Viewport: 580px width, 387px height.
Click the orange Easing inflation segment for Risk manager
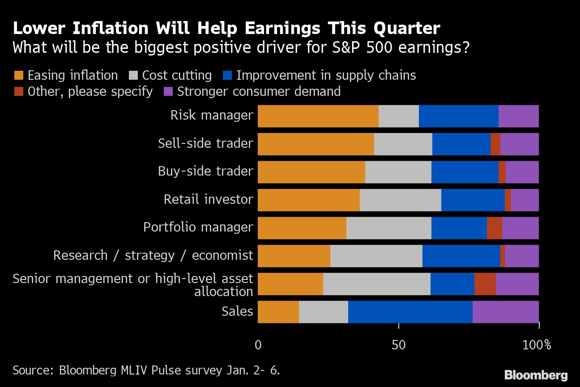[x=318, y=116]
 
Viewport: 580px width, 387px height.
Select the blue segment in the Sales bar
[x=410, y=312]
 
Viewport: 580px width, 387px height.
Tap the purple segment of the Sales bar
[x=505, y=312]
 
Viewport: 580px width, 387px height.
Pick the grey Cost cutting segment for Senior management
[x=376, y=284]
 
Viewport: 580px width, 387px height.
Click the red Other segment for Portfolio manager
[x=494, y=228]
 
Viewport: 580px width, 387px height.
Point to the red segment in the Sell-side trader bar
[x=495, y=144]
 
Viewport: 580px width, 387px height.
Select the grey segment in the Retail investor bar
[x=400, y=200]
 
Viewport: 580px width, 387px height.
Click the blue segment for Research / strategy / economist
[x=461, y=256]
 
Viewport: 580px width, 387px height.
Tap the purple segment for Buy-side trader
[x=522, y=172]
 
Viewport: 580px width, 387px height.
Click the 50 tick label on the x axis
[x=398, y=345]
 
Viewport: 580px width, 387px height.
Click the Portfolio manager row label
[x=198, y=227]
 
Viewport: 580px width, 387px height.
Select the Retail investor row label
[x=208, y=199]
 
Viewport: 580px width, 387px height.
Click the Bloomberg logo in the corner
[x=536, y=375]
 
